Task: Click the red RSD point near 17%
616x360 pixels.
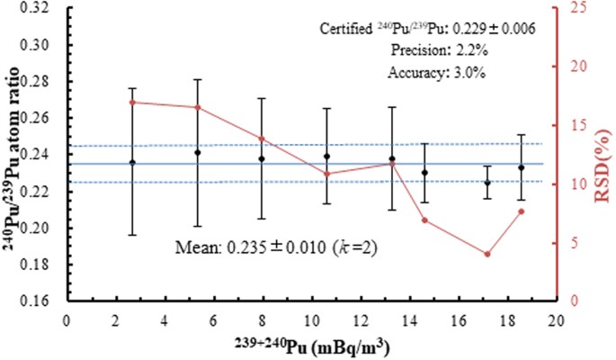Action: click(x=132, y=102)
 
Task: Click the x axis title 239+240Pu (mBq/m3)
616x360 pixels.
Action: click(x=311, y=346)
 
